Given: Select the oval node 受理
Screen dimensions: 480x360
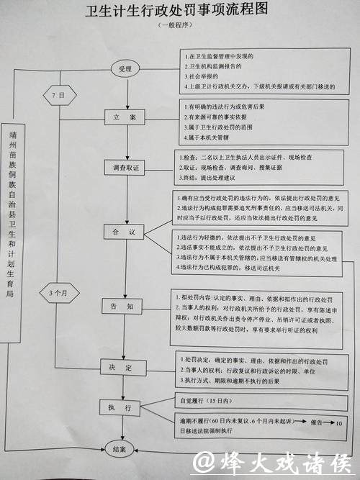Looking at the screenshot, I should click(125, 69).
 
